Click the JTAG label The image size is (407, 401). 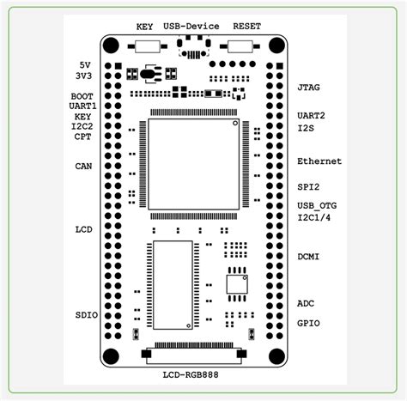[x=308, y=88]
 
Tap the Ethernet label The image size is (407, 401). [x=319, y=161]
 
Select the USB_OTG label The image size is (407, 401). [x=317, y=205]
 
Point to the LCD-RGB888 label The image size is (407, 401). [x=191, y=374]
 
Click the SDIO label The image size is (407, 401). [x=87, y=315]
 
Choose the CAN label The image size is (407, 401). [x=83, y=166]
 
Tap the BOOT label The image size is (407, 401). [x=82, y=96]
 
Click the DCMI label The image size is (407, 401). [x=308, y=257]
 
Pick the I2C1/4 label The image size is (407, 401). [x=314, y=217]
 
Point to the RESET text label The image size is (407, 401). [x=247, y=27]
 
